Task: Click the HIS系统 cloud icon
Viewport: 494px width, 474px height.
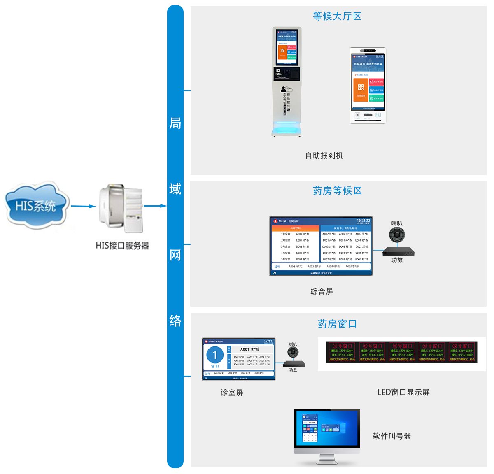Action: (x=36, y=205)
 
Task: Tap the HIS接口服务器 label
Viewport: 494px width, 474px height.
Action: (x=122, y=246)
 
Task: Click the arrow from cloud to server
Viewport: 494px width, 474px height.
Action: (x=83, y=206)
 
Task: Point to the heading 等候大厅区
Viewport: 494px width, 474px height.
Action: (x=337, y=16)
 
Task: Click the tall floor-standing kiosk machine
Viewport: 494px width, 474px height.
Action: (x=287, y=82)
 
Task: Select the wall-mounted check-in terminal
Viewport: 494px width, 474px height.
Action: (x=368, y=86)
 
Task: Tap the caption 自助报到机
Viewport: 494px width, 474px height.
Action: (x=324, y=156)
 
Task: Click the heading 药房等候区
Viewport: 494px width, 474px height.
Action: (x=337, y=191)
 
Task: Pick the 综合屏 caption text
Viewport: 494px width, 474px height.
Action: (x=322, y=291)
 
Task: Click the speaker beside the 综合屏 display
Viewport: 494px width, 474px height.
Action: (x=397, y=235)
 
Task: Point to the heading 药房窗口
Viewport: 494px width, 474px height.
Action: (x=337, y=324)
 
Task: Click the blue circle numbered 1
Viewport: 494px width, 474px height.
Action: (x=215, y=355)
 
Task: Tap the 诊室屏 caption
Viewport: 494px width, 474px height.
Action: (x=232, y=393)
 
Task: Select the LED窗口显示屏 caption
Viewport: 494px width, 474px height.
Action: (x=403, y=392)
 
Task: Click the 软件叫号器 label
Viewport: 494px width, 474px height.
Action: (x=391, y=436)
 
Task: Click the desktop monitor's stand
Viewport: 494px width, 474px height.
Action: (x=327, y=458)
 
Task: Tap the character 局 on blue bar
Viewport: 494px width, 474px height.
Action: (x=175, y=123)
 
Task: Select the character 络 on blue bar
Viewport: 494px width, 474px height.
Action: (x=175, y=321)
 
